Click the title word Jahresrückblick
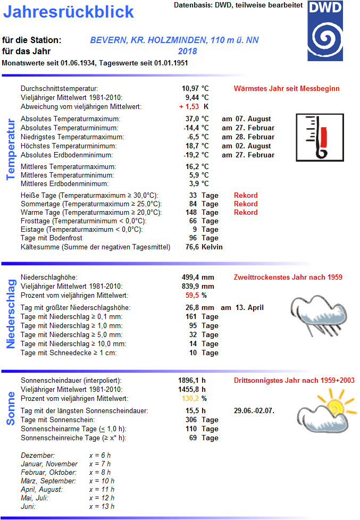click(x=69, y=12)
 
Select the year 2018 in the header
click(x=188, y=52)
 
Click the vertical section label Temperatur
click(x=10, y=149)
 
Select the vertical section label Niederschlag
click(x=10, y=313)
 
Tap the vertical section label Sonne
click(x=10, y=408)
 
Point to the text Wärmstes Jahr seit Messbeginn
click(x=286, y=88)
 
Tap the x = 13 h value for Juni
click(x=102, y=506)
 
